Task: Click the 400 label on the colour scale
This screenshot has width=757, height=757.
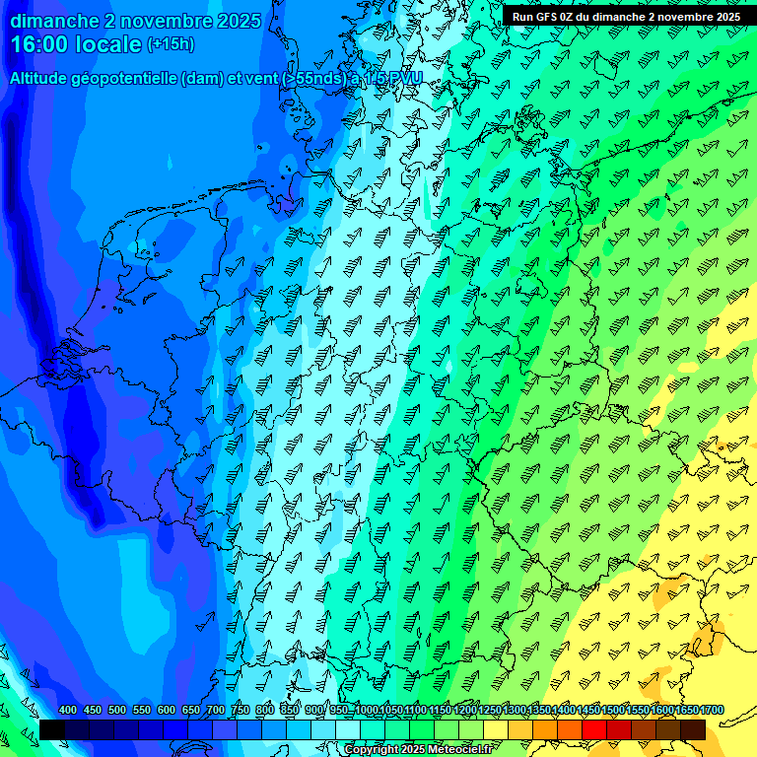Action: pos(68,711)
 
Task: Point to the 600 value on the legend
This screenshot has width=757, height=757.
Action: pos(167,711)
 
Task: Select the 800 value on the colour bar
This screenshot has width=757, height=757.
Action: pos(265,711)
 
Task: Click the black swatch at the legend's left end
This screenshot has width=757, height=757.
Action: pos(52,729)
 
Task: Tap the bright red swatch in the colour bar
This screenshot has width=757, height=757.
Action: pos(593,729)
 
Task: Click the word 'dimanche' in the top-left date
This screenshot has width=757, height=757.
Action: pos(53,21)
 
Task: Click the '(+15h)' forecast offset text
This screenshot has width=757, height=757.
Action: pos(171,44)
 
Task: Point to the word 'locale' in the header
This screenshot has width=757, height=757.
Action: pos(107,44)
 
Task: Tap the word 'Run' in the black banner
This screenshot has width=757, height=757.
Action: pos(523,17)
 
